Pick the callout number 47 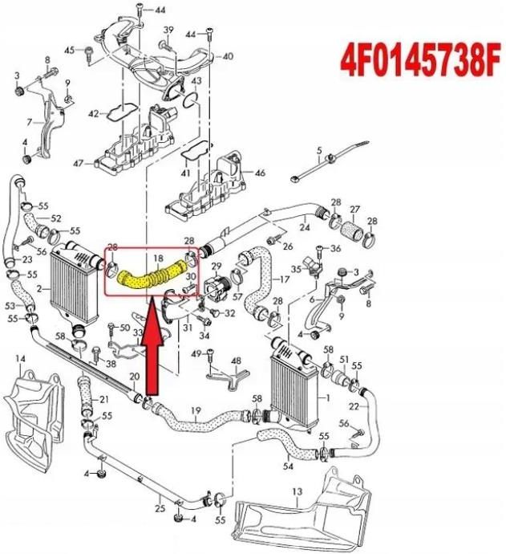[78, 163]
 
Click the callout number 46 [260, 173]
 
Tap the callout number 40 [228, 56]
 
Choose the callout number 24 [304, 226]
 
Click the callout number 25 [160, 507]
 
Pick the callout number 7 [27, 122]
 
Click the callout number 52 [56, 218]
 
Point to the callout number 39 [168, 30]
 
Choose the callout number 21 [104, 400]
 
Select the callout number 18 [159, 259]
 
